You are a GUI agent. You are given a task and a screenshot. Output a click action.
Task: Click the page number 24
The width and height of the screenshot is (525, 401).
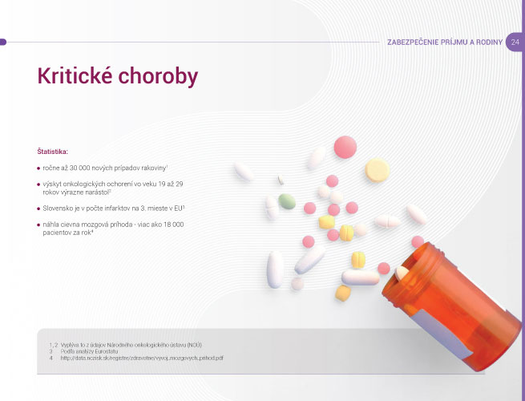[515, 43]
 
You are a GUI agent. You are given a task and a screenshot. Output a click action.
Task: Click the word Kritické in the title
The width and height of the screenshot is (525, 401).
[75, 75]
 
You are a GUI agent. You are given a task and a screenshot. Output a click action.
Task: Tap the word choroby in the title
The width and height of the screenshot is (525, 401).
[158, 76]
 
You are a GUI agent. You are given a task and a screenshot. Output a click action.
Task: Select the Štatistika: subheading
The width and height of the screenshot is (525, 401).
[53, 152]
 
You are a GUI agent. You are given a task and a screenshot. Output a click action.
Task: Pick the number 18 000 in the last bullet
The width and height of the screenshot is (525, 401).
[174, 225]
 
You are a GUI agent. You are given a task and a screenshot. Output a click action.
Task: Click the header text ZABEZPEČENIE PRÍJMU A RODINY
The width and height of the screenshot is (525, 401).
[445, 43]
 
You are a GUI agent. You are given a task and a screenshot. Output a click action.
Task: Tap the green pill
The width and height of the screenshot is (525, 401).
[287, 201]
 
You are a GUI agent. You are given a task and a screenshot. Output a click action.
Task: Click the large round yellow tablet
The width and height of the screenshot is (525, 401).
[378, 170]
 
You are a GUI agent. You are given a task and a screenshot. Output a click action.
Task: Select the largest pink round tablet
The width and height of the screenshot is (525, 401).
[345, 147]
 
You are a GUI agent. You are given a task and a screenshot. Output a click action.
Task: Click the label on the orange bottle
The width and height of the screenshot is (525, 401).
[442, 334]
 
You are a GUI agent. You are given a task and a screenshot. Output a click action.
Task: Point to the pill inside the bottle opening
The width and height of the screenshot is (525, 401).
[402, 273]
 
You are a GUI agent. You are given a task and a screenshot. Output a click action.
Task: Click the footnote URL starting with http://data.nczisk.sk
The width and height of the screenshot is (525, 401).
[142, 358]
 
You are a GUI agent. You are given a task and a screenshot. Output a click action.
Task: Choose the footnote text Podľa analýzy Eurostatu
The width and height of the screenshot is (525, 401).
[90, 351]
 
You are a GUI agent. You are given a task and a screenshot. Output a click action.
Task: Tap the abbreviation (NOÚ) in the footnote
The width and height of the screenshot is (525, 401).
[194, 345]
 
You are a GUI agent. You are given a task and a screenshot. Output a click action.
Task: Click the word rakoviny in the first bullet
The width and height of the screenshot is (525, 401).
[154, 168]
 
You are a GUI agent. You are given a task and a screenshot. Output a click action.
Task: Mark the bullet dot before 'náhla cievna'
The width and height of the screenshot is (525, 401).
[38, 225]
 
